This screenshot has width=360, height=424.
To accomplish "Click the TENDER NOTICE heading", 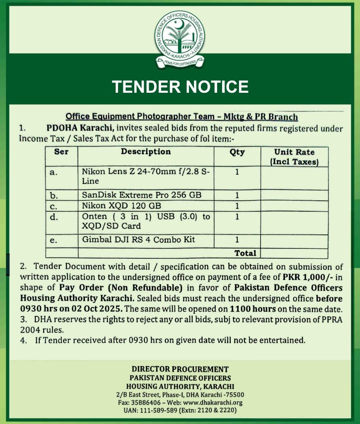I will (180, 87).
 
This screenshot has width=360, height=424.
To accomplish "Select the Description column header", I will (146, 152).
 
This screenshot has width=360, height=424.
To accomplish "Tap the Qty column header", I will (237, 152).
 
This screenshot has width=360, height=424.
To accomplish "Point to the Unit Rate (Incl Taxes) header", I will (294, 157).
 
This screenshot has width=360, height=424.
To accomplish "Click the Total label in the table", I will (245, 253).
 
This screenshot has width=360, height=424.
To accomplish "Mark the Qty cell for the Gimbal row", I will (237, 239).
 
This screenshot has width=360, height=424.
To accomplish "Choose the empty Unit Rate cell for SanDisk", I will (294, 195).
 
